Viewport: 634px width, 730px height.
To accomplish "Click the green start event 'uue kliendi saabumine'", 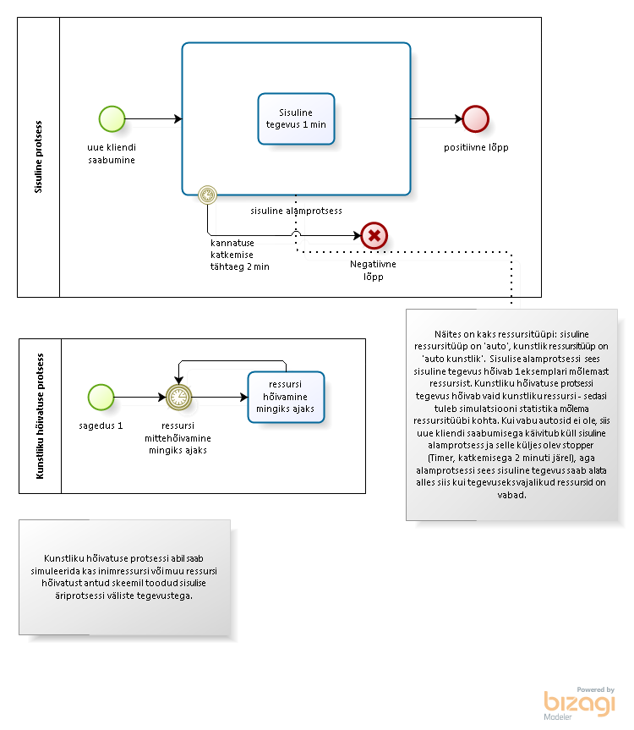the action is point(112,119).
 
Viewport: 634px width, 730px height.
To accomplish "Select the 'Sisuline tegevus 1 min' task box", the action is point(297,118).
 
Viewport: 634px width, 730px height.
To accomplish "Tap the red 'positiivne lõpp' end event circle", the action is point(475,119).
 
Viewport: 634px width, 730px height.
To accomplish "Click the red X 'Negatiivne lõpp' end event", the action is point(374,235).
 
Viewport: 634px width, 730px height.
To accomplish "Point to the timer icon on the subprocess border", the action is point(207,195).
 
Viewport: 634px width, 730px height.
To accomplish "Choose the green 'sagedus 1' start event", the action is point(101,397).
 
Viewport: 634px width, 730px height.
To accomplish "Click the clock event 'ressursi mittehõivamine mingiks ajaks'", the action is point(179,397).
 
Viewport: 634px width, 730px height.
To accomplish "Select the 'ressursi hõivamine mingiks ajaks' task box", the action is point(286,397).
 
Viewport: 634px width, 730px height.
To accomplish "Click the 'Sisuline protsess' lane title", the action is point(38,156).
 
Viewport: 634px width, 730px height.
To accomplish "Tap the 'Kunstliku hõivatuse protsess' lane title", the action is point(40,416).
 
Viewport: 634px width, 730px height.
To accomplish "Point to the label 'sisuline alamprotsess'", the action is point(297,211).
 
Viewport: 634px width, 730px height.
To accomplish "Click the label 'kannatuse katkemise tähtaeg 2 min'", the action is point(240,255).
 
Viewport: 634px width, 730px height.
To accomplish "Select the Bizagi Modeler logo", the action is point(579,704).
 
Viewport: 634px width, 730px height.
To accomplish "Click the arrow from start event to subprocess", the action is point(154,119).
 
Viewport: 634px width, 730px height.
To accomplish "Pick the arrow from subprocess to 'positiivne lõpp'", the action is point(436,119).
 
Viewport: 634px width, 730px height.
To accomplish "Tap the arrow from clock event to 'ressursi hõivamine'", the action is point(220,397).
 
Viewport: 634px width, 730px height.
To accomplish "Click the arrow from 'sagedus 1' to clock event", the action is point(140,397).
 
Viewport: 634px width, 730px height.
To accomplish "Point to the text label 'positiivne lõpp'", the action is point(476,147).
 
